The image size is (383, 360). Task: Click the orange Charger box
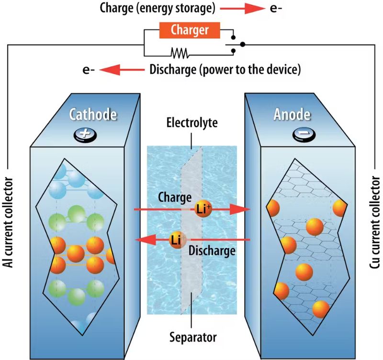[x=190, y=31]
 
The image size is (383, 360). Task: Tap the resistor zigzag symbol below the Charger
[x=180, y=50]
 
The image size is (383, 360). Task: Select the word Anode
[x=293, y=115]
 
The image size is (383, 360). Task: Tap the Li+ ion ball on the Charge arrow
[x=203, y=209]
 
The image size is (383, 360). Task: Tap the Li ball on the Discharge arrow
[x=176, y=239]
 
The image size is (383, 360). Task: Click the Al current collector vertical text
[x=11, y=227]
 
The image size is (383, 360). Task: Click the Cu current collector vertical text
[x=374, y=227]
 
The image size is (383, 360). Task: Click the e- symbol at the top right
[x=276, y=8]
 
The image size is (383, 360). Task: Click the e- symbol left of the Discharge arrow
[x=89, y=70]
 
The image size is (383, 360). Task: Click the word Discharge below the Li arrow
[x=212, y=250]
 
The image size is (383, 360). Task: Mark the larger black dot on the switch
[x=243, y=45]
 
